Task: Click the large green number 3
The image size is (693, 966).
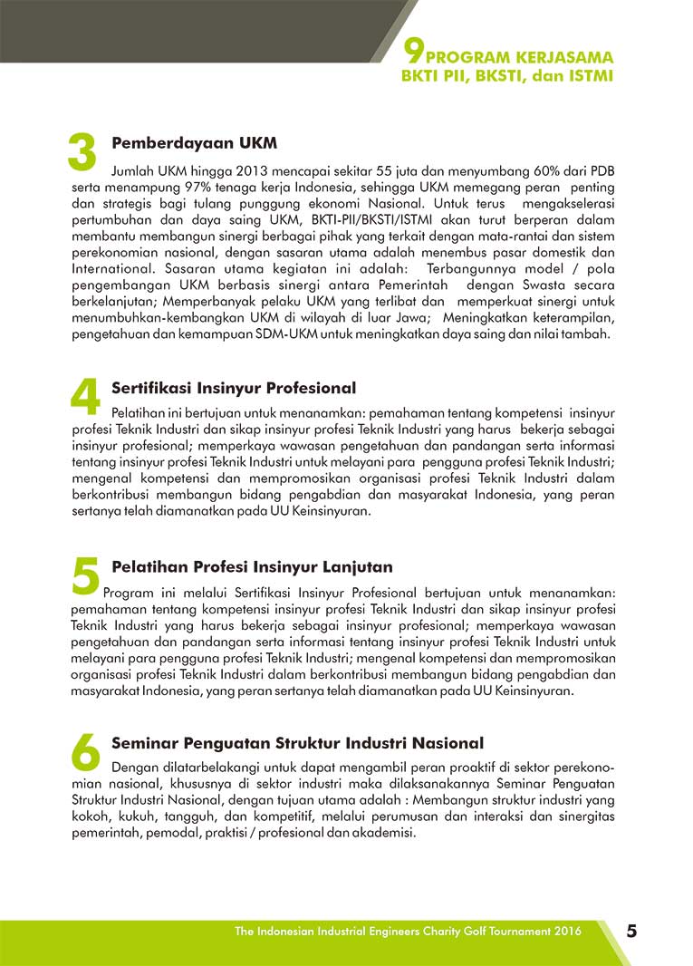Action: [82, 151]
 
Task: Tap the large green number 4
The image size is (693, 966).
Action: [84, 396]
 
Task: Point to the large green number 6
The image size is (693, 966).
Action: [84, 751]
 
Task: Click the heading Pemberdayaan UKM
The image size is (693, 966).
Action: [194, 143]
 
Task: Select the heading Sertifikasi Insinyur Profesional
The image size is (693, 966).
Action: [234, 388]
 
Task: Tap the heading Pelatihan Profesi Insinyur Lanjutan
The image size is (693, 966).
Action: [252, 567]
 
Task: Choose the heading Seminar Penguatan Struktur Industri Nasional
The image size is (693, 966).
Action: [297, 743]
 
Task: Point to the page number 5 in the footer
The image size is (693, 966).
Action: [631, 932]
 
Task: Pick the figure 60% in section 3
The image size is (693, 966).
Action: [525, 169]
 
